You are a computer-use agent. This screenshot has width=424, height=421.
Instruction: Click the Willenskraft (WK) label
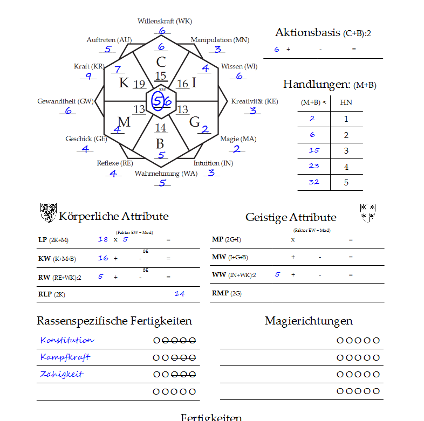(x=165, y=22)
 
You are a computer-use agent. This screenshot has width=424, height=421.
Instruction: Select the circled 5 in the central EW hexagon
(x=157, y=101)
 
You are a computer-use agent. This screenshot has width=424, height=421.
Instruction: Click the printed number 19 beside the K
(x=139, y=84)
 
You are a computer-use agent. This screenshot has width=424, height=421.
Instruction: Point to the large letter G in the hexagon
(x=194, y=122)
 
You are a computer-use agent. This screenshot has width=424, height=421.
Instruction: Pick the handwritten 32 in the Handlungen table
(x=313, y=182)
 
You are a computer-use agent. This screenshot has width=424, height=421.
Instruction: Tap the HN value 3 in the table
(x=346, y=150)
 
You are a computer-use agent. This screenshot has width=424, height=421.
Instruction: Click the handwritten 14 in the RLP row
(x=180, y=294)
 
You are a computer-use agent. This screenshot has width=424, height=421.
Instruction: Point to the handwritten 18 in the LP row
(x=103, y=239)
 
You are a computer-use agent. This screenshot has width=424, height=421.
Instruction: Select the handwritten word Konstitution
(x=67, y=340)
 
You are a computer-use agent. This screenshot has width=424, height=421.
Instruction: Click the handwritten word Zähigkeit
(x=61, y=374)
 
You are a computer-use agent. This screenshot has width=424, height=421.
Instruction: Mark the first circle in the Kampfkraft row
(x=156, y=358)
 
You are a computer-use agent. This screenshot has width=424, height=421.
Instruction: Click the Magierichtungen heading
(x=309, y=321)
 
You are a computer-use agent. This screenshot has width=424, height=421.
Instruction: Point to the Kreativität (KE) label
(x=254, y=101)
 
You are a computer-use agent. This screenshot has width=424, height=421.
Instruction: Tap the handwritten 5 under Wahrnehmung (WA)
(x=162, y=183)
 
